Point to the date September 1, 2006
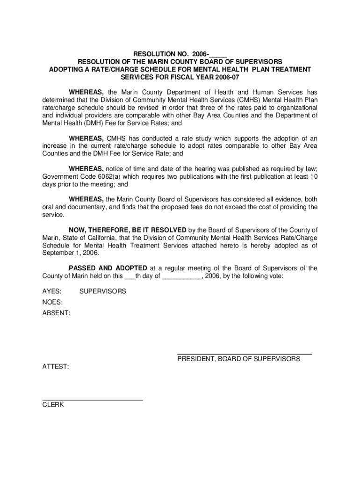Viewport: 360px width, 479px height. pos(71,253)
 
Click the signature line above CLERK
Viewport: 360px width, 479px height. pos(93,400)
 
